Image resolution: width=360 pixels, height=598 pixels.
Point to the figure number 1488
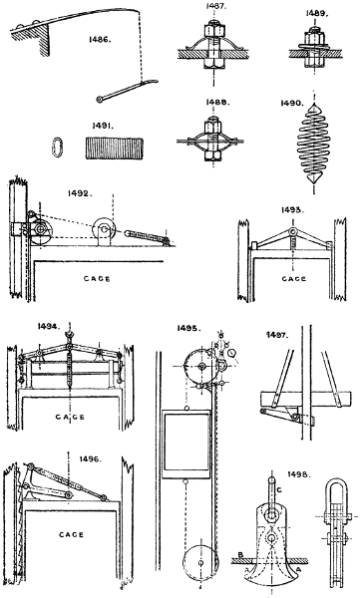point(220,113)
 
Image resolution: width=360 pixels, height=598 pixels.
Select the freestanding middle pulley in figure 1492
point(102,234)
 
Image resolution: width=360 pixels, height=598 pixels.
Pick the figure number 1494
point(33,325)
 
